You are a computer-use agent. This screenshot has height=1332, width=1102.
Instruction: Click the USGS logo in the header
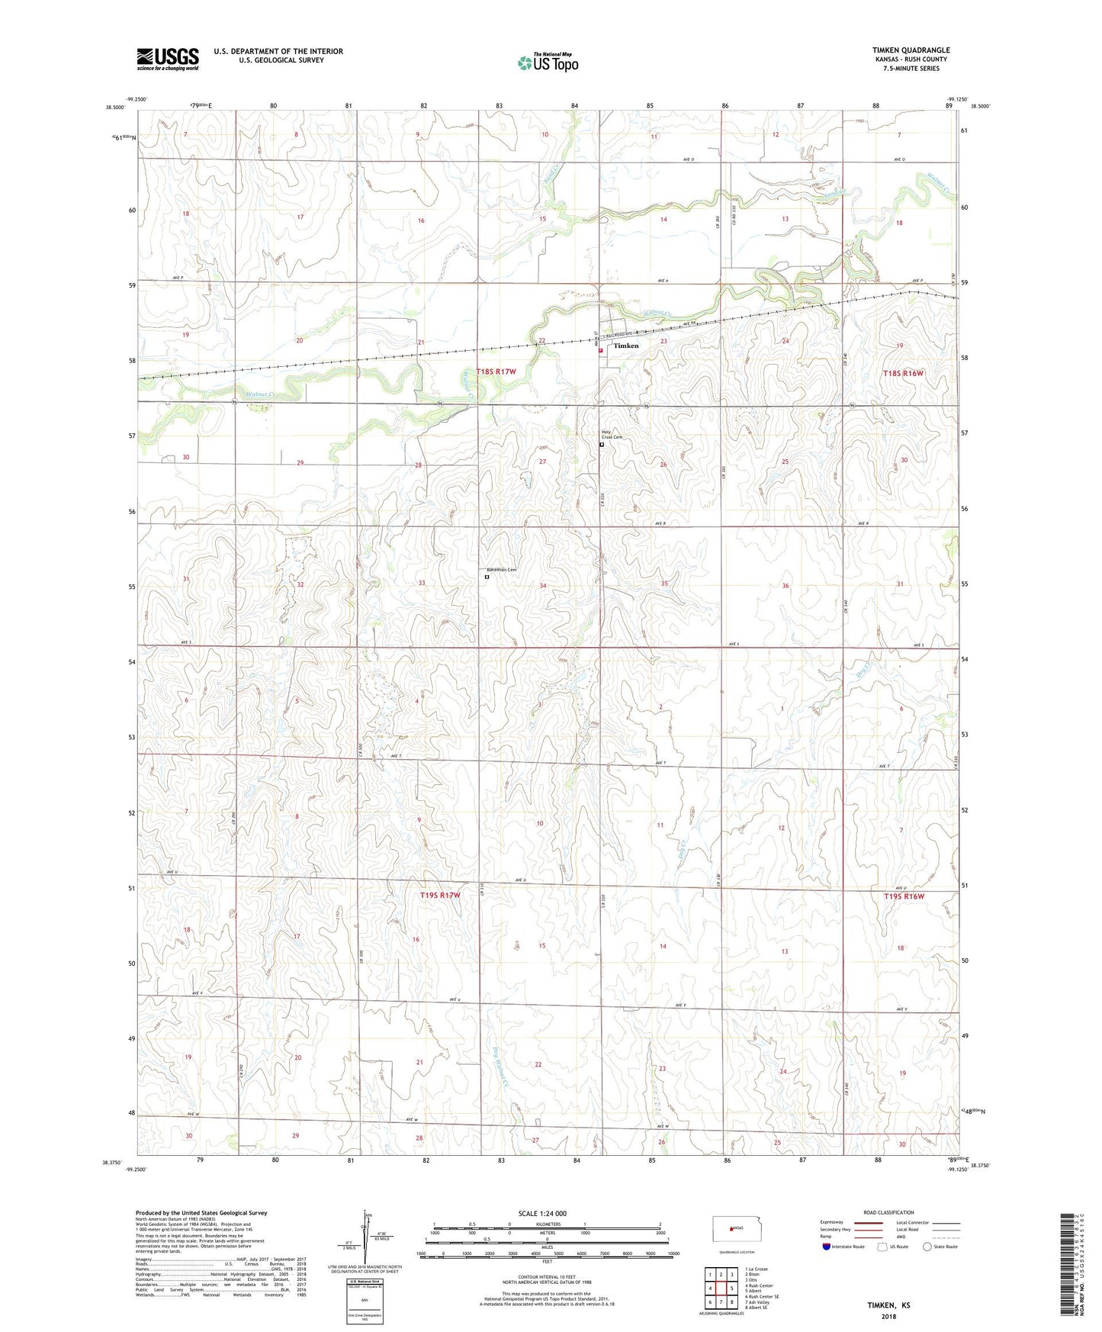tap(168, 58)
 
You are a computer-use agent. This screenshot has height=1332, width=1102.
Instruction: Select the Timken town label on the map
tap(626, 346)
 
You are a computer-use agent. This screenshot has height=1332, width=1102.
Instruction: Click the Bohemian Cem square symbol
tap(487, 578)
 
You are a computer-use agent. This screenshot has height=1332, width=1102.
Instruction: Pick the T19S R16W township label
tap(904, 896)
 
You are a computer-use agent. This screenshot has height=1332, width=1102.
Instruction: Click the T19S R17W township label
tap(440, 895)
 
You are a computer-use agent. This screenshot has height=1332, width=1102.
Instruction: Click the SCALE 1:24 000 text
tap(542, 1214)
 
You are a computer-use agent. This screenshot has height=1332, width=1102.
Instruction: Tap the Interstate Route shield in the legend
tap(827, 1247)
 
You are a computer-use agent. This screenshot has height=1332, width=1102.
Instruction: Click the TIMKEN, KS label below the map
tap(888, 1305)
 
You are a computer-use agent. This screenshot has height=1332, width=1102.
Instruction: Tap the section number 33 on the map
tap(421, 584)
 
